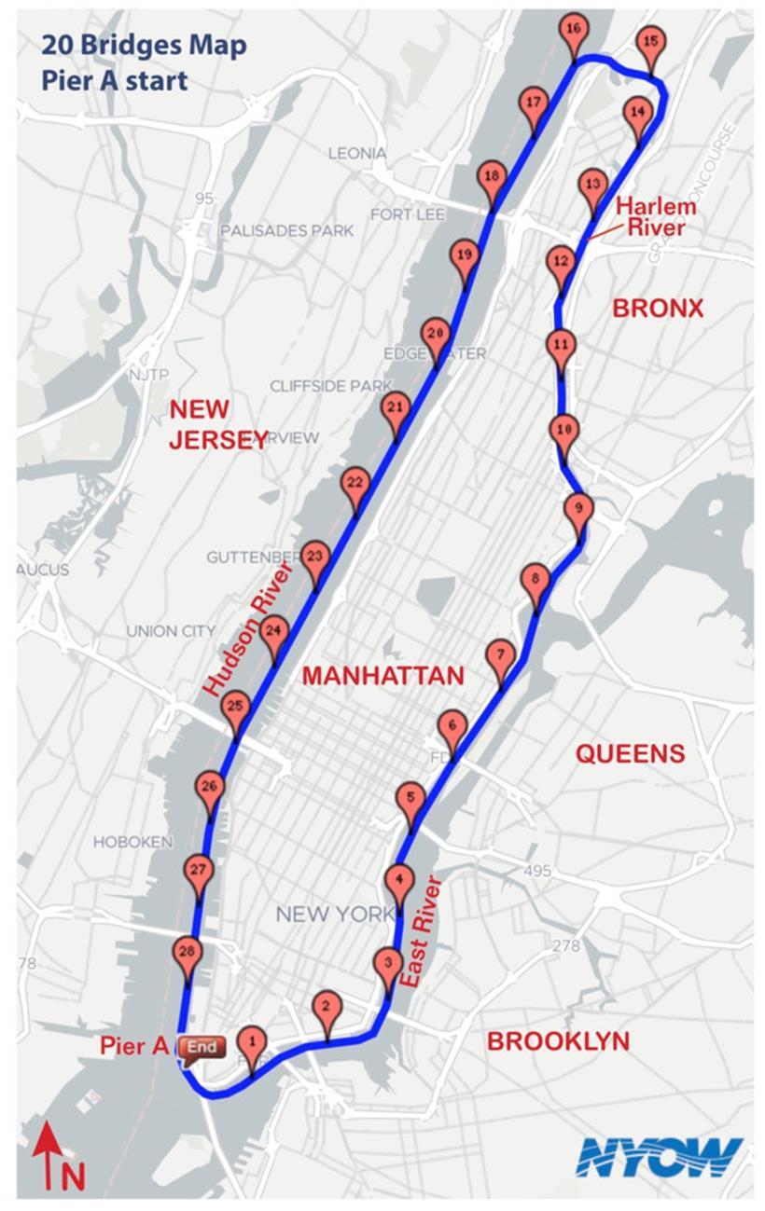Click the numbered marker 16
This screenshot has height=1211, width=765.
tap(574, 30)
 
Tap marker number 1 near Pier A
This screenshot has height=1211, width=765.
tap(251, 1041)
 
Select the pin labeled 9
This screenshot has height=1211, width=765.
tap(578, 509)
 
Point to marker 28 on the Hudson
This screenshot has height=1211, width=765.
tap(188, 952)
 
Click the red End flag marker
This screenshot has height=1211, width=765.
tap(202, 1047)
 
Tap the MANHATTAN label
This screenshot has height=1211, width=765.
tap(382, 676)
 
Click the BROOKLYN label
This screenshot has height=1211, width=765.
tap(558, 1041)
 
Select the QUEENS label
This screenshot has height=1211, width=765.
tap(630, 753)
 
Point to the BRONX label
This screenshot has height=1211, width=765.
tap(657, 308)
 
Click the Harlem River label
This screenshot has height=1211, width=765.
tap(656, 216)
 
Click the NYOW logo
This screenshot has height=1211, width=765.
tap(659, 1157)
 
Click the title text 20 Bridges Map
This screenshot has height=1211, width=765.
tap(143, 45)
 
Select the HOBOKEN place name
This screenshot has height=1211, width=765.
tap(132, 842)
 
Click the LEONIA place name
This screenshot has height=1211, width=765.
tap(356, 153)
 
